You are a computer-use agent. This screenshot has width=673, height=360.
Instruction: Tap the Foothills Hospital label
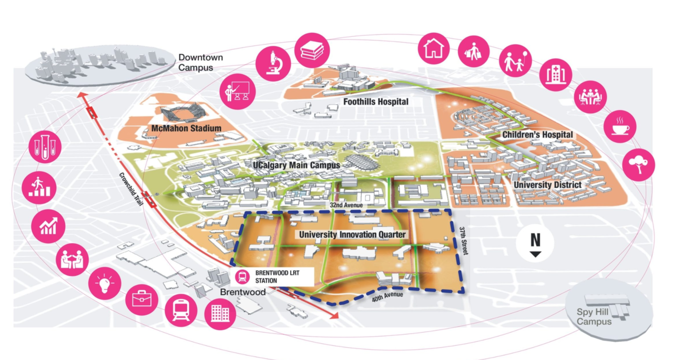pos(375,101)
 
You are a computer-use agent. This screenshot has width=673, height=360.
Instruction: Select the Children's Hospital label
pos(537,135)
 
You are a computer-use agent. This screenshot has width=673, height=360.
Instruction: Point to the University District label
pos(547,185)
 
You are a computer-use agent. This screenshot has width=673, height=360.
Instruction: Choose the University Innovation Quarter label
pos(352,234)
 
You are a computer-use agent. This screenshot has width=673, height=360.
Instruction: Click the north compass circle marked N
pos(535,243)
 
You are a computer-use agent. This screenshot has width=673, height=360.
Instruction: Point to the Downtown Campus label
pos(200,62)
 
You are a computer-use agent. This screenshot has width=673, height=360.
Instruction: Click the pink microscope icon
pos(273,64)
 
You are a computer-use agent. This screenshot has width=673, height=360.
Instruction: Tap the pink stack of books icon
pos(312,50)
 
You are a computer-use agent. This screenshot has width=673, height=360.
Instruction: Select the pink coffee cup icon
pos(620,127)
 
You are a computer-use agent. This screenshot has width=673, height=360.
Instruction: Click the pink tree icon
pos(638,164)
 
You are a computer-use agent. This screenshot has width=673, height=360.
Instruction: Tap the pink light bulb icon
pos(105,283)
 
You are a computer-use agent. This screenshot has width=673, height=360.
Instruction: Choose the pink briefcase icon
pos(142,299)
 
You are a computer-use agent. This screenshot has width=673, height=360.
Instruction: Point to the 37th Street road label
pos(463,241)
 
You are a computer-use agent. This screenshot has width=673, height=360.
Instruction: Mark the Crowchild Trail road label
pos(130,186)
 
